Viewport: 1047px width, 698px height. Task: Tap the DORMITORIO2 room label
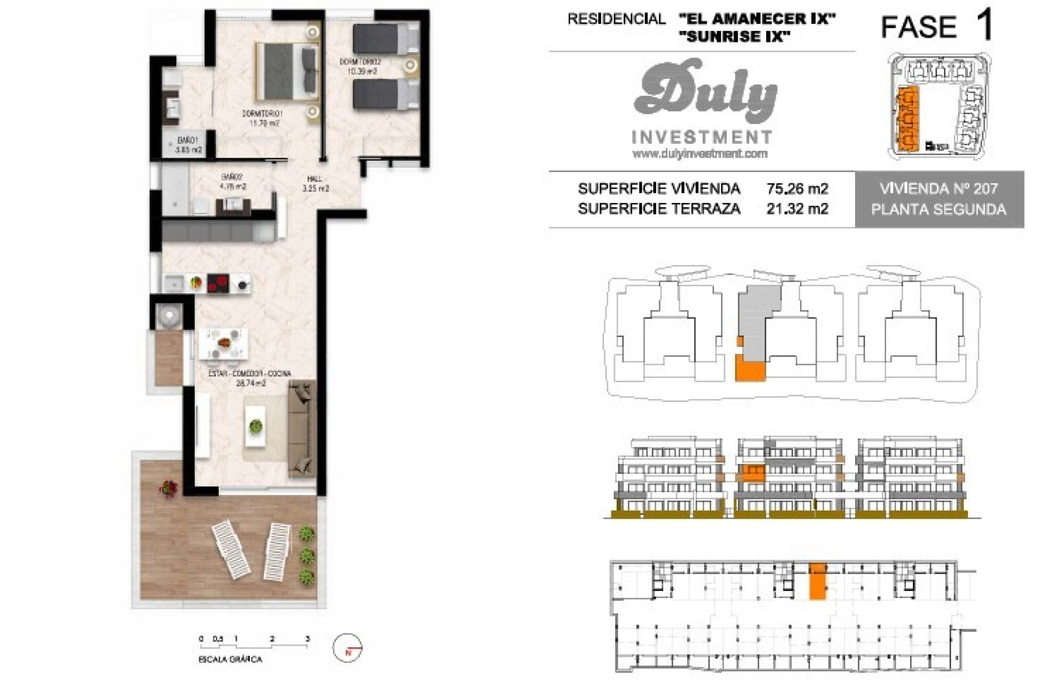360,62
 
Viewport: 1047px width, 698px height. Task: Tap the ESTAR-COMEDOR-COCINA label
250,374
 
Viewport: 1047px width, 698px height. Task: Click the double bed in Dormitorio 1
287,72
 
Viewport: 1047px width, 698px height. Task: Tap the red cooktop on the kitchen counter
218,282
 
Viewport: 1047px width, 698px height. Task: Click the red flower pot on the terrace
169,488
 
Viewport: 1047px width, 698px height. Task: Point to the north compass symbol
348,648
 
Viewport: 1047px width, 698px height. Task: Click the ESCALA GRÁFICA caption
230,659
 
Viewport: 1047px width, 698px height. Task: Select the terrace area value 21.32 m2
797,208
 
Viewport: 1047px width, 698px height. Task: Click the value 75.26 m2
797,189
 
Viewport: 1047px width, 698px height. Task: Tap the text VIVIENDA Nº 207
938,189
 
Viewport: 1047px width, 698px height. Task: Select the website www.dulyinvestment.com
700,154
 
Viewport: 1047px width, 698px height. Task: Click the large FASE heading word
919,27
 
